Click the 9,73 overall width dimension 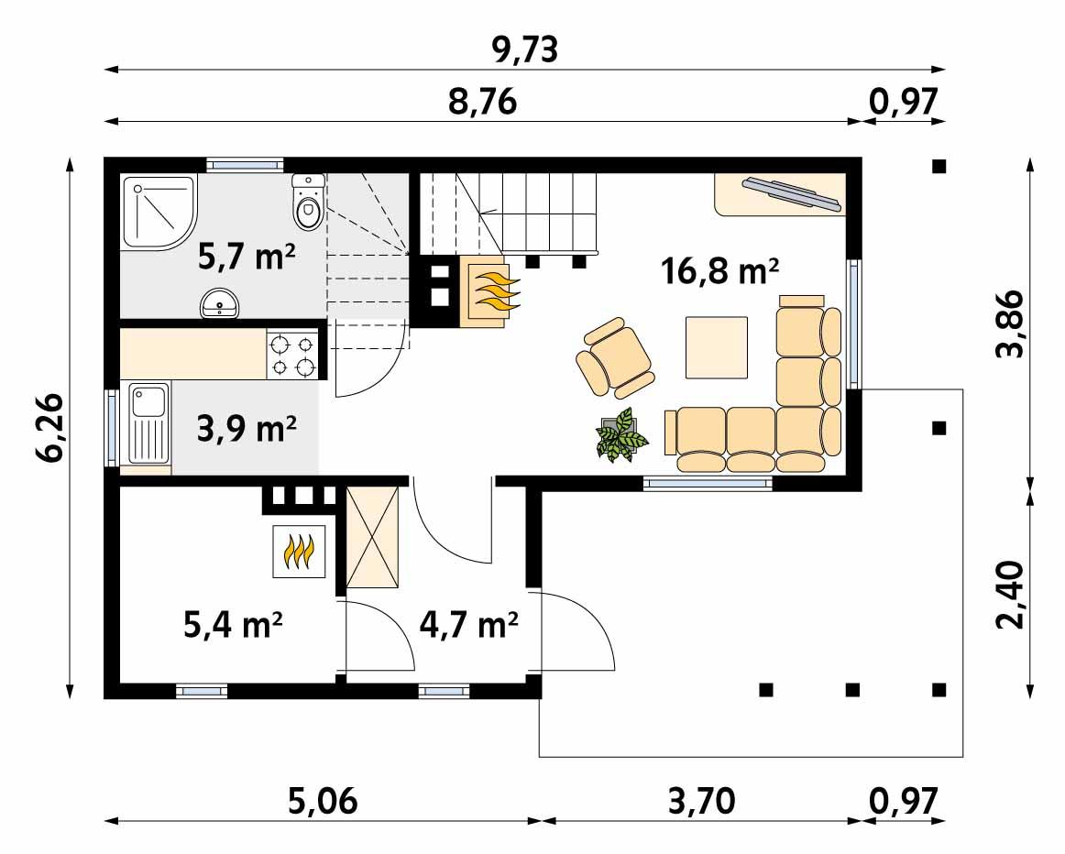[524, 50]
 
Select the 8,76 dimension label [483, 103]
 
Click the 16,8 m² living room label [719, 271]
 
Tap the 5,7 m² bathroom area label [247, 258]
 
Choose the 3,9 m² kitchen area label [247, 428]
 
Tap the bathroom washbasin [219, 303]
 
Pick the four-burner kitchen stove [292, 356]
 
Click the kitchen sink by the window [147, 423]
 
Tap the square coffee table [717, 347]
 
